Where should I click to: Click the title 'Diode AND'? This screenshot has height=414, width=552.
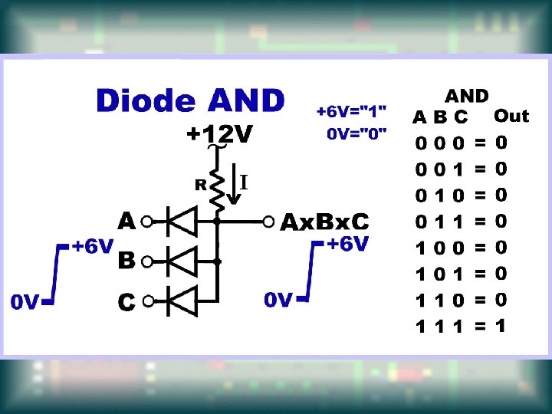189,101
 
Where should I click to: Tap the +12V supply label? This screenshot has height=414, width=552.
220,136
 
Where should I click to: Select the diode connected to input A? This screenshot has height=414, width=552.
182,222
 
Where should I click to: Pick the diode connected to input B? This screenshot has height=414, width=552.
182,261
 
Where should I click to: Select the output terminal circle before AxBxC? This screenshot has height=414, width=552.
268,222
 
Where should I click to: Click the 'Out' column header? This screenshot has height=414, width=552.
511,116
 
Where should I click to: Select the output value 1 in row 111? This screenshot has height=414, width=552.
501,325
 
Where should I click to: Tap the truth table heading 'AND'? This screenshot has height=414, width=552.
467,96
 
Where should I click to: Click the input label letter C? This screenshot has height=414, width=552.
127,302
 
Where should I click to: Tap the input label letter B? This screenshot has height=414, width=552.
127,261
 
